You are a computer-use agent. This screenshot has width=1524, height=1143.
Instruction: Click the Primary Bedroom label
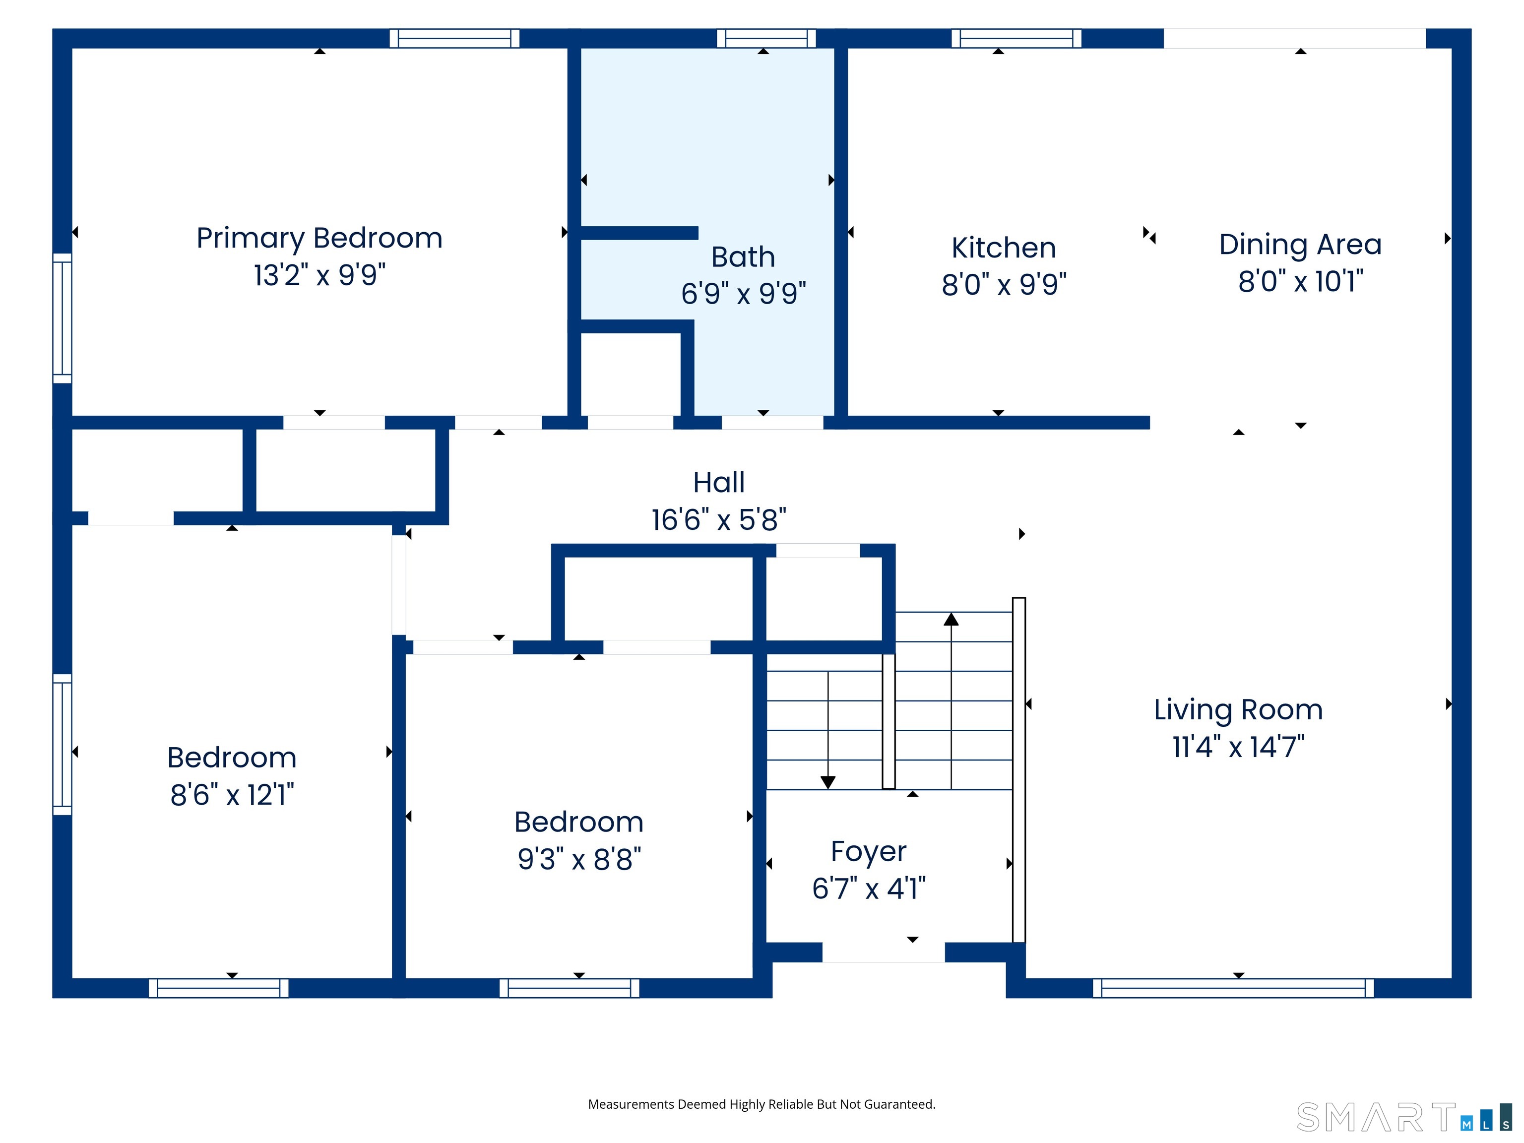click(x=319, y=239)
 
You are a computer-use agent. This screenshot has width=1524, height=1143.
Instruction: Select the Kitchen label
click(x=1003, y=248)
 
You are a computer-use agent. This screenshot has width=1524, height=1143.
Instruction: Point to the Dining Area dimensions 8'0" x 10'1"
click(x=1300, y=282)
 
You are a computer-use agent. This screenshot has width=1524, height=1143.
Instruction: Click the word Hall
click(x=719, y=482)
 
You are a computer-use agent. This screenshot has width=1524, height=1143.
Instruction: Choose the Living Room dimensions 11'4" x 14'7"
click(x=1238, y=747)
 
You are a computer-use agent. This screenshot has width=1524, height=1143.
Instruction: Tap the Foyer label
click(x=868, y=852)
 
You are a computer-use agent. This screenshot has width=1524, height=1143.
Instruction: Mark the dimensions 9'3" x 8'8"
click(x=579, y=859)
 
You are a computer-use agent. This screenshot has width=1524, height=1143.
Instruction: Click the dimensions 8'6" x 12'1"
click(x=232, y=795)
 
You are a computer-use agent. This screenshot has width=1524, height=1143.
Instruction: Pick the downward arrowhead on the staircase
click(x=827, y=782)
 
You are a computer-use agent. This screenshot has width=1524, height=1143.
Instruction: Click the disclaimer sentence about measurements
click(x=762, y=1104)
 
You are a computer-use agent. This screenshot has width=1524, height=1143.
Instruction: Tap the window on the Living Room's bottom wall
click(x=1233, y=988)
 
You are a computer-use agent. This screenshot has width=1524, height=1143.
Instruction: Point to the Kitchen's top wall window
click(x=1016, y=39)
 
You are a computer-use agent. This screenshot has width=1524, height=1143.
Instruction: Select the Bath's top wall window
click(x=766, y=39)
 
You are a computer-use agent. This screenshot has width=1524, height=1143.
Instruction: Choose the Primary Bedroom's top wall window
click(x=454, y=39)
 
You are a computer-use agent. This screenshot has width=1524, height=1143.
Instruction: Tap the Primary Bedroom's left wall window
click(x=62, y=318)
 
